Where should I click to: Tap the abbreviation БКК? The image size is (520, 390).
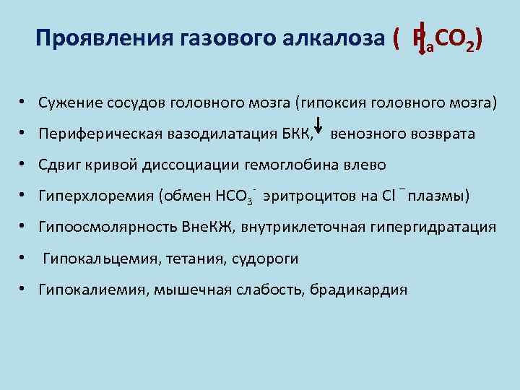[x=295, y=134]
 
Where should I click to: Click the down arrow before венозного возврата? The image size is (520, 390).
[x=321, y=132]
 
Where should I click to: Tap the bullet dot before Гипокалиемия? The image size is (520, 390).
[x=24, y=290]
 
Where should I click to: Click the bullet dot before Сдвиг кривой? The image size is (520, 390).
[x=24, y=164]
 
